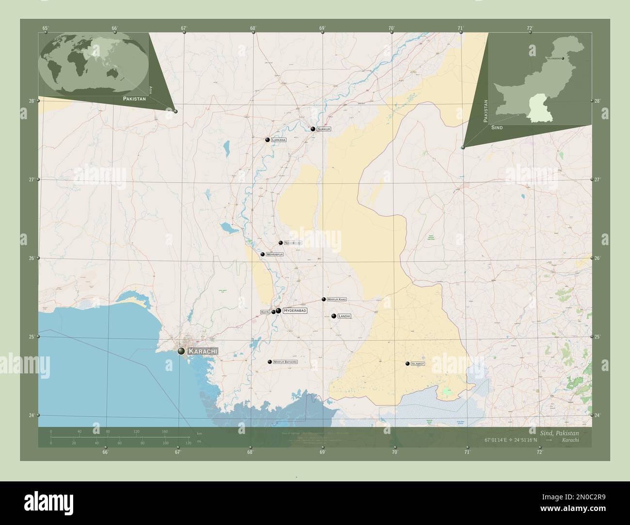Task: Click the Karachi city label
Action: [x=203, y=351]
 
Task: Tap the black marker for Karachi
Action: [x=181, y=351]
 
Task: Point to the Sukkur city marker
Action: [x=313, y=129]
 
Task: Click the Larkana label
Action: [x=279, y=140]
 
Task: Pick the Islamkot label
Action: [x=417, y=363]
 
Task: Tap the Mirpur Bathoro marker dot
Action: [x=269, y=362]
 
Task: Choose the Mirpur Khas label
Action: [x=337, y=299]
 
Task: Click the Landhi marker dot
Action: [x=334, y=316]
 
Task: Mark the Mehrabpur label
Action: [x=274, y=254]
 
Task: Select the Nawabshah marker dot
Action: [x=281, y=243]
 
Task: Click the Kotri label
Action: [x=265, y=312]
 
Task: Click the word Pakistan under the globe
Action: [x=134, y=98]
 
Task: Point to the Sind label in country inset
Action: [x=497, y=127]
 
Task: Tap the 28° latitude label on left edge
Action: [x=31, y=101]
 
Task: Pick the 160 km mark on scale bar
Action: [x=165, y=431]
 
